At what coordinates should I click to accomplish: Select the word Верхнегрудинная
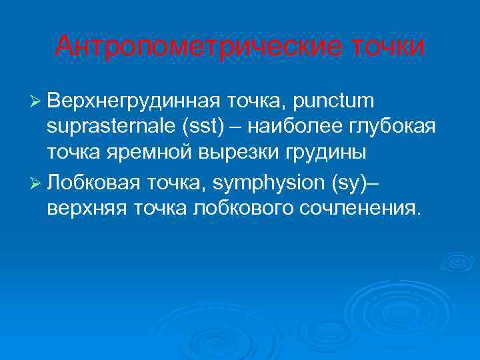133,101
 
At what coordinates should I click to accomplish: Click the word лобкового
250,207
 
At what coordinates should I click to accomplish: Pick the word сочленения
367,207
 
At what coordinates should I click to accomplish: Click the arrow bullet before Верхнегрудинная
36,102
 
